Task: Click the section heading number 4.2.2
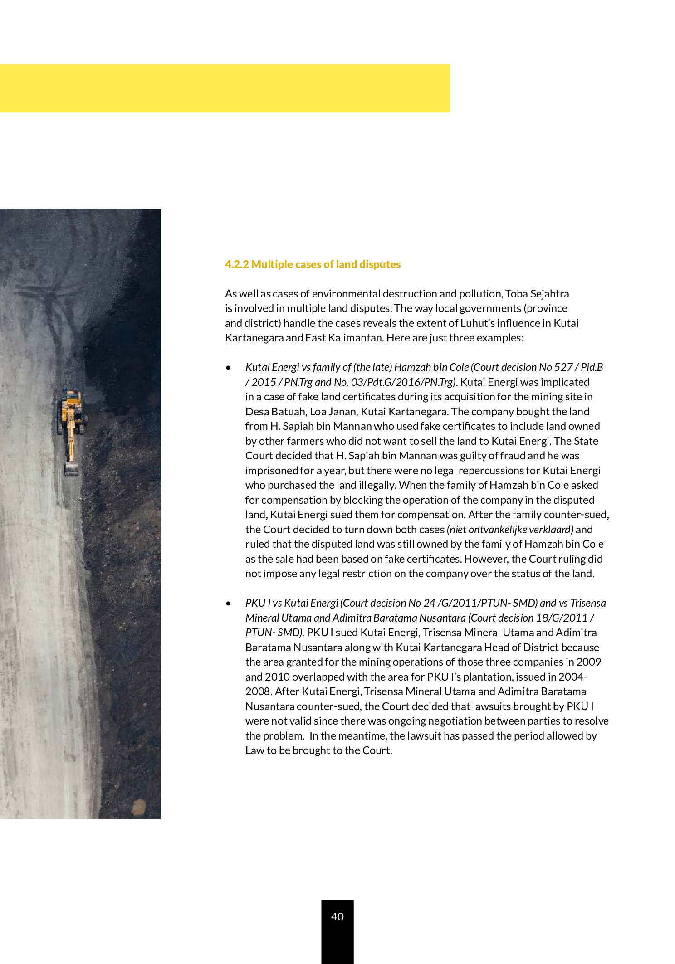tap(237, 264)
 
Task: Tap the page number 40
tap(337, 916)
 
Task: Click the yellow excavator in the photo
tap(71, 417)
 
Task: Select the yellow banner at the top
tap(225, 88)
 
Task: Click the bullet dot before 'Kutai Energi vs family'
tap(229, 368)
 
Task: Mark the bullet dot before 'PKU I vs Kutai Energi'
tap(229, 604)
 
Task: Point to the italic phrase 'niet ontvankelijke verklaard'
tap(510, 530)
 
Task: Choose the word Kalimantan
tap(345, 338)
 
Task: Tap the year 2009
tap(588, 662)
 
